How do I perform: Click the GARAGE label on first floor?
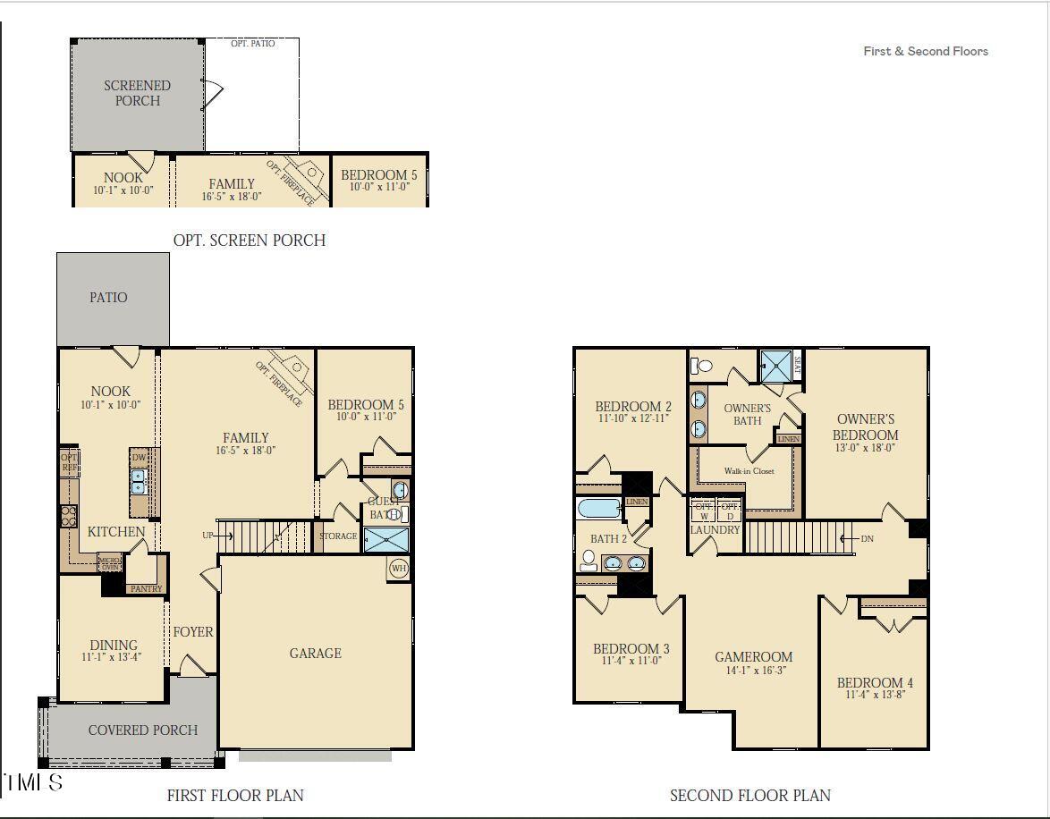pos(315,654)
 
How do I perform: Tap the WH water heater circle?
pos(398,568)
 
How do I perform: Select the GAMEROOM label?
pos(753,657)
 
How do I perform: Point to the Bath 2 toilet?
pos(589,561)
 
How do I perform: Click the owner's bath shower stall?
pos(775,366)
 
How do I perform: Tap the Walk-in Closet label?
pos(749,471)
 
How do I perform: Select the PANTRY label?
pos(146,589)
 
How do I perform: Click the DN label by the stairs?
pos(867,538)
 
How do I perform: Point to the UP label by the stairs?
pos(208,536)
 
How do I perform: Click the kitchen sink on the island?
pos(139,482)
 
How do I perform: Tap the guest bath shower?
pos(386,540)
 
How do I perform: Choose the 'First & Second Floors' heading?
pos(925,51)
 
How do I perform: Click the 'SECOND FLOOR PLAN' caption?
pos(749,795)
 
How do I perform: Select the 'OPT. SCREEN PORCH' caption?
pos(249,240)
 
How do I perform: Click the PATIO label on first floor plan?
pos(108,297)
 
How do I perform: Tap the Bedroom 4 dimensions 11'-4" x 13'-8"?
pos(876,694)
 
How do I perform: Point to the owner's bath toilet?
pos(703,365)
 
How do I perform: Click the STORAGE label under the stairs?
pos(338,536)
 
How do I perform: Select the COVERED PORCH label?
pos(142,730)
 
